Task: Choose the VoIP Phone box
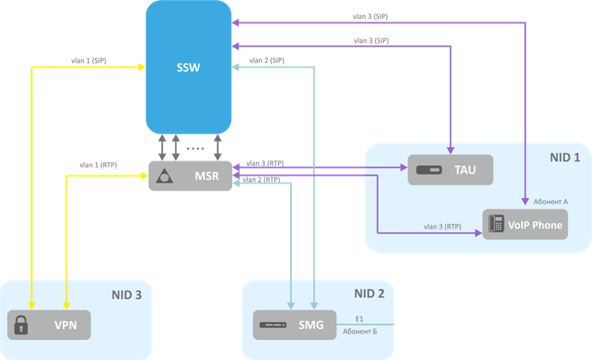[525, 225]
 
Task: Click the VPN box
[49, 325]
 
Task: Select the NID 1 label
[565, 157]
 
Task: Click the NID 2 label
[370, 294]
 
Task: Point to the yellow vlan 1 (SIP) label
[89, 60]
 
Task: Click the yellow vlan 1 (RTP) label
[98, 165]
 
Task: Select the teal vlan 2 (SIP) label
[267, 60]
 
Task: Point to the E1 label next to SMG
[359, 317]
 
